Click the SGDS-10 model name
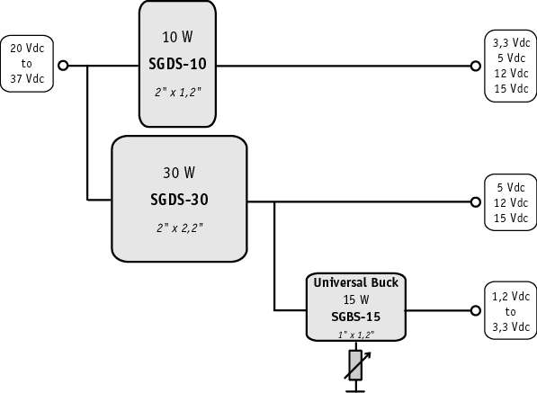[x=177, y=64]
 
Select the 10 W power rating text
[x=177, y=37]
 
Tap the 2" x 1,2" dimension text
[x=178, y=92]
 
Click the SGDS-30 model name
[x=179, y=200]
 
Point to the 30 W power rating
[x=179, y=173]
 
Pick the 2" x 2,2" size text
[x=180, y=228]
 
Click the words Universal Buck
[x=356, y=282]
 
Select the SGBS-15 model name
[x=356, y=317]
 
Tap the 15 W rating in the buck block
[x=356, y=299]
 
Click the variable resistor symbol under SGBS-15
[x=356, y=365]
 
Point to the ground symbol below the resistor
[x=355, y=388]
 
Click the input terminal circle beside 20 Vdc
[x=63, y=66]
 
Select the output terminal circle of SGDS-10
[x=475, y=66]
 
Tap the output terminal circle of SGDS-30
[x=475, y=202]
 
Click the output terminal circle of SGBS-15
[x=475, y=310]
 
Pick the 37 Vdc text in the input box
[x=27, y=79]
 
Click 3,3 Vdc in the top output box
[x=511, y=43]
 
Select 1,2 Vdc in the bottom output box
[x=511, y=296]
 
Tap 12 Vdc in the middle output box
[x=511, y=202]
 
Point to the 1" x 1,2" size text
[x=356, y=335]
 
